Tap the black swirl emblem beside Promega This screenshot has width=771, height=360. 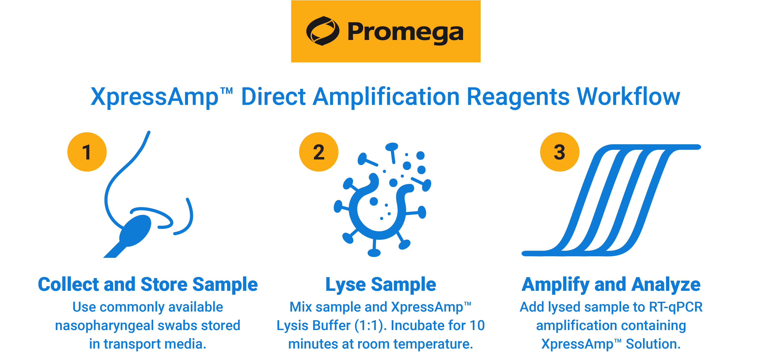322,31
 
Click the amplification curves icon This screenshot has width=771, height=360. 611,201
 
